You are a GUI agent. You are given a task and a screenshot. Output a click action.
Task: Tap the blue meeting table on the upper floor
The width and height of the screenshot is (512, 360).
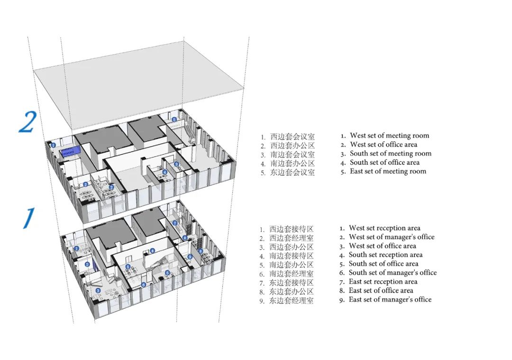71,153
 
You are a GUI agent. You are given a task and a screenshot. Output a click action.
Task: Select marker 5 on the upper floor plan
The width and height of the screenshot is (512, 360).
174,120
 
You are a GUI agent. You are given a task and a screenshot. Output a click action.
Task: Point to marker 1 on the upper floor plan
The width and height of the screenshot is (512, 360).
54,145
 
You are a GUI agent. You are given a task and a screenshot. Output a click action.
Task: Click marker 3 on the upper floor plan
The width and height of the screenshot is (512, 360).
176,164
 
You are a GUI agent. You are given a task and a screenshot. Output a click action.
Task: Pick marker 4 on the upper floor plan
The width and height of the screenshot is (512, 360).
165,172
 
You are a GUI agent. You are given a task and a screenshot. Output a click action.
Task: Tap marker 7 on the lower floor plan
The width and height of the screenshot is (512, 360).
174,223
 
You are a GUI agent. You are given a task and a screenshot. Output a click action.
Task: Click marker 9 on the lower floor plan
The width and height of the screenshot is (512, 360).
190,257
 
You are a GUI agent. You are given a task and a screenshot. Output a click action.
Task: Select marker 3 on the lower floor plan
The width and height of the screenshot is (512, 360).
98,290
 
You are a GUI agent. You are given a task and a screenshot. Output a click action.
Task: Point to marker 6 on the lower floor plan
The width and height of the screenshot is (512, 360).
143,285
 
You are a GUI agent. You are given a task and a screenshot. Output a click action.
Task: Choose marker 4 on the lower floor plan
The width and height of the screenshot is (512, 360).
153,251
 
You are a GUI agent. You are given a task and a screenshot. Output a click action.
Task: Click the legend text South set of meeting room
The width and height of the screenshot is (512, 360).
391,153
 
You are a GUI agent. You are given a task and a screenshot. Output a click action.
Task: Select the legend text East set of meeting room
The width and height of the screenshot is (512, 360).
388,171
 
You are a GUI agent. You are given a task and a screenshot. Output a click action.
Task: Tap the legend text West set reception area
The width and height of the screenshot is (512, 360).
384,228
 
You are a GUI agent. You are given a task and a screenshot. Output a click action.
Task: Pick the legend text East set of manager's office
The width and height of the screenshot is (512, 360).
390,299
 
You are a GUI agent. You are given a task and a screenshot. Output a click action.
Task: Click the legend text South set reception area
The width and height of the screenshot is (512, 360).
385,255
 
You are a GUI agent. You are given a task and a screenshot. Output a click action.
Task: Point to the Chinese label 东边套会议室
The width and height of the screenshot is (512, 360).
292,173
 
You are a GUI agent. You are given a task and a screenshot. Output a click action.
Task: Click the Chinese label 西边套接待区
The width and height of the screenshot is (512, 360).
291,229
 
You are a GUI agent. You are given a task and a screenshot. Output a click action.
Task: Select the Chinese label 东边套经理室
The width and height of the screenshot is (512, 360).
291,301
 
